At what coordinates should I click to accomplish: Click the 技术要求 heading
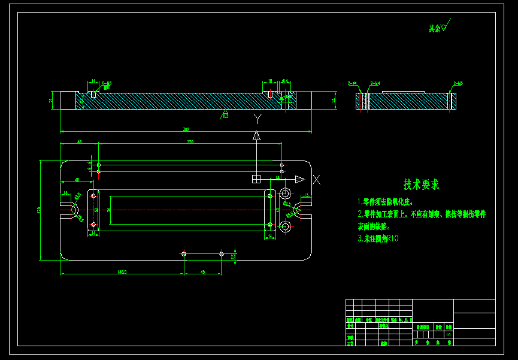(421, 184)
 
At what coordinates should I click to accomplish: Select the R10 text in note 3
(393, 238)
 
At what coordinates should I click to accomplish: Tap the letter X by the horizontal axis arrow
(317, 179)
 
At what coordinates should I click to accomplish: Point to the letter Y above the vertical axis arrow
(258, 119)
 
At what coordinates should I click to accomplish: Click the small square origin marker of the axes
(256, 179)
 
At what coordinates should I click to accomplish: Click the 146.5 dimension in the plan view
(122, 271)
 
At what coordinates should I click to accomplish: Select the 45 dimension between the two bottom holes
(202, 271)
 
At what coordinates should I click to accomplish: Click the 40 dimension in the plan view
(77, 180)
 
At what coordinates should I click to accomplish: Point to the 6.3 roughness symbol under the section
(225, 114)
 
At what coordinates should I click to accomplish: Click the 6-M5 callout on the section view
(106, 83)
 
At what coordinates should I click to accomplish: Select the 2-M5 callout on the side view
(458, 83)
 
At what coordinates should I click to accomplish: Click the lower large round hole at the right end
(286, 226)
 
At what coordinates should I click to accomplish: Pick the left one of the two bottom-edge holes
(184, 254)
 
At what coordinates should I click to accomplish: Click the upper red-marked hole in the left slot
(93, 196)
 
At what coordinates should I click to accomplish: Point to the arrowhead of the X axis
(299, 179)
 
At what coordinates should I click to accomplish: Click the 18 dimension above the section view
(270, 80)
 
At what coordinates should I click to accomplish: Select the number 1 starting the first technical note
(359, 202)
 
